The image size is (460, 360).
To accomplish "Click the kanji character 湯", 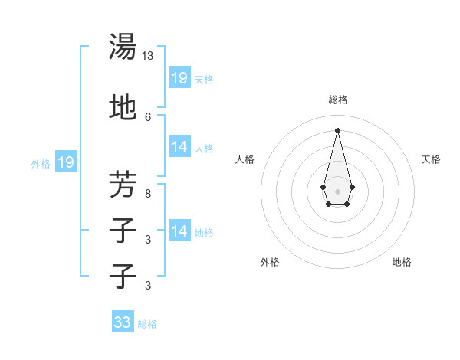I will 123,47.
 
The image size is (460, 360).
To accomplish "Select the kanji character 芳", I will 123,185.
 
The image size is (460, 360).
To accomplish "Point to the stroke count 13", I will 148,56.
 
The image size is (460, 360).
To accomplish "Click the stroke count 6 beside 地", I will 148,116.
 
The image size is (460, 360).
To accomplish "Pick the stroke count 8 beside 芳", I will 148,193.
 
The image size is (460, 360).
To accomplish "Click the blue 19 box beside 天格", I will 179,78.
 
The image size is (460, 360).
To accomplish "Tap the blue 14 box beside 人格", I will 179,147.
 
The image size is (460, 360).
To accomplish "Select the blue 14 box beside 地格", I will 179,231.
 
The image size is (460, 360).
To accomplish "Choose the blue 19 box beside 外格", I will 65,162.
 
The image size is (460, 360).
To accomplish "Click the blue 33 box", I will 123,322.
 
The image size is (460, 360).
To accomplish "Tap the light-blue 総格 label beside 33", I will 147,324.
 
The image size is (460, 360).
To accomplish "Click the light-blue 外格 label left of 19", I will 41,163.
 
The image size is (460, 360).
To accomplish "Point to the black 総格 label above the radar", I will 337,100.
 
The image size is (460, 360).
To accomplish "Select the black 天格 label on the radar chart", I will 431,159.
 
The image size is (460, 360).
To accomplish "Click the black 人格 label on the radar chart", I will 245,159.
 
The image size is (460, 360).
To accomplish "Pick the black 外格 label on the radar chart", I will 269,262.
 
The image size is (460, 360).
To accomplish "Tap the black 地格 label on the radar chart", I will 402,262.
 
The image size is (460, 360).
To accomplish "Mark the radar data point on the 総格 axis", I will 337,129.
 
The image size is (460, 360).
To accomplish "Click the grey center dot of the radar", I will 337,190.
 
